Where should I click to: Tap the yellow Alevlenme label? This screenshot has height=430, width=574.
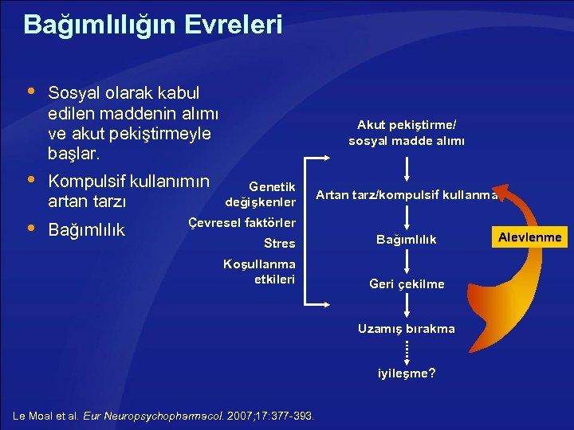[529, 236]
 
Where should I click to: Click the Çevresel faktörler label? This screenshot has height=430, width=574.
[242, 222]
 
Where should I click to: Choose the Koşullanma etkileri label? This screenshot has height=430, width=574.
[260, 272]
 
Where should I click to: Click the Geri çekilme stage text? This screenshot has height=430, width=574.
[407, 284]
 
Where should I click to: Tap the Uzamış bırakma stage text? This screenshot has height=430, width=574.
[407, 328]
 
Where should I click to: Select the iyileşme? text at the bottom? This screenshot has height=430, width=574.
[407, 372]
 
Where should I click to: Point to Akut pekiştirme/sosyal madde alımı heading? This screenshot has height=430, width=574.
[407, 133]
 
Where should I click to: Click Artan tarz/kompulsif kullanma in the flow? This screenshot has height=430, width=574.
[407, 194]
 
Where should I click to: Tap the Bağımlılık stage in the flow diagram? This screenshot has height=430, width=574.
[407, 240]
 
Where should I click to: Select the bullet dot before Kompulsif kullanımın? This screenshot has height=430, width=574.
[29, 178]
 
